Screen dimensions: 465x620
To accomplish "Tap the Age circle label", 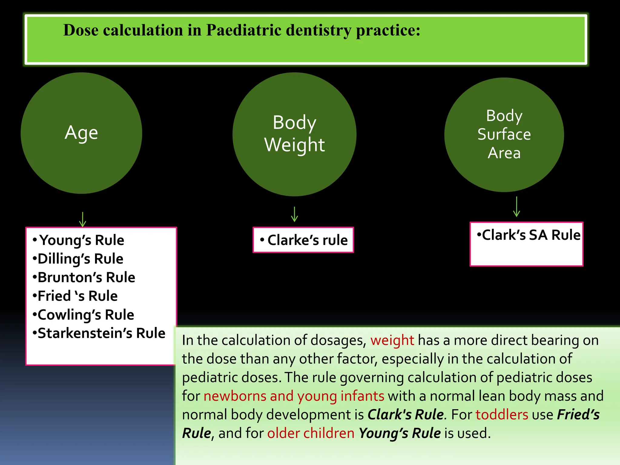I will pyautogui.click(x=81, y=133).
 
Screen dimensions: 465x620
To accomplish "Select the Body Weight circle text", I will pyautogui.click(x=294, y=134).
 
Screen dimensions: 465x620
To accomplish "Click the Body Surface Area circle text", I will pyautogui.click(x=504, y=134).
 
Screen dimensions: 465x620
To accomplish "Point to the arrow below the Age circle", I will pyautogui.click(x=83, y=219).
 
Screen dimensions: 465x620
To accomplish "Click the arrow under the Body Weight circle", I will pyautogui.click(x=294, y=214).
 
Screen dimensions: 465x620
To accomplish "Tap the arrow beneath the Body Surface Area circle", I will pyautogui.click(x=516, y=207).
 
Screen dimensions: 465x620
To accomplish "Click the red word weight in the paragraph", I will pyautogui.click(x=392, y=340).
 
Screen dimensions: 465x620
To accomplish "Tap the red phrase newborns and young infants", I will pyautogui.click(x=294, y=396).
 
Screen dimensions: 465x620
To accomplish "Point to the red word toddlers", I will pyautogui.click(x=502, y=414).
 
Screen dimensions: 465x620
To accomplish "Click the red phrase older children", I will pyautogui.click(x=311, y=433).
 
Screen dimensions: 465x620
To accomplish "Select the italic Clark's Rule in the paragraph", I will pyautogui.click(x=406, y=414).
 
